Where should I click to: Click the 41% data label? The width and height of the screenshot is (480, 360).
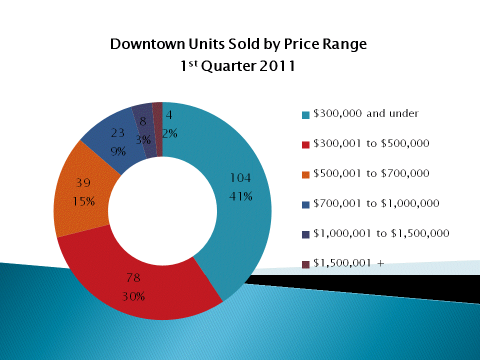point(240,196)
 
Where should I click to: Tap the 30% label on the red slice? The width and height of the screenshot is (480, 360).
point(133,296)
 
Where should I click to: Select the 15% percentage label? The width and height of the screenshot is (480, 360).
point(83,201)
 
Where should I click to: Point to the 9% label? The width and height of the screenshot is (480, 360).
point(118,151)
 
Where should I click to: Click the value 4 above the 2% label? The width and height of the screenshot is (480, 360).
point(169,114)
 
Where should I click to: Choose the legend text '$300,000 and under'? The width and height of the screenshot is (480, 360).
point(365,113)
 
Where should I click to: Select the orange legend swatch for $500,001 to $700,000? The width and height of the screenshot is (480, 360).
point(306,174)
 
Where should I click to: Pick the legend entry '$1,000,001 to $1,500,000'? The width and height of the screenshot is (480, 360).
point(381,233)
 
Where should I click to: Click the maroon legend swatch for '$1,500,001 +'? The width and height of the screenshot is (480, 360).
point(306,264)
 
